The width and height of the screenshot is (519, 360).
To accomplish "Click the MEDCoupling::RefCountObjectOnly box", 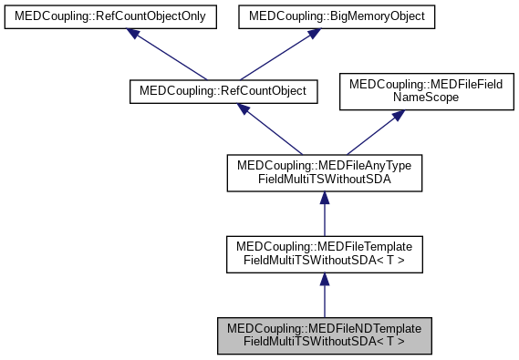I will [x=111, y=16].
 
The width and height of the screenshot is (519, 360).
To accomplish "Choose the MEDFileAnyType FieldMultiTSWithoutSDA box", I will [x=324, y=172].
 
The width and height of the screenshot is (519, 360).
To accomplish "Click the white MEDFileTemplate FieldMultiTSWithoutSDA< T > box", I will [x=324, y=254].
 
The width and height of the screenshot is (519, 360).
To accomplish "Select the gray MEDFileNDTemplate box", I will [x=324, y=335].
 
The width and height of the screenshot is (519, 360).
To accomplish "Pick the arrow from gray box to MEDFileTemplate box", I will [x=324, y=297].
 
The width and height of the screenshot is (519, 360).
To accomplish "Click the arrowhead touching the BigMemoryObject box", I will [x=312, y=34].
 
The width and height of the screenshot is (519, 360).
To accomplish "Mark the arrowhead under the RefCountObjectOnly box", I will [x=134, y=34].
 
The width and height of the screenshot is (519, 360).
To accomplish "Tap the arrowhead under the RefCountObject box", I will [x=244, y=108].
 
